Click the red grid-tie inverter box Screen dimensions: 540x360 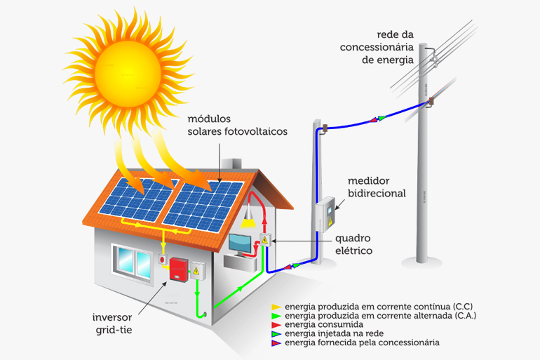(x=178, y=269)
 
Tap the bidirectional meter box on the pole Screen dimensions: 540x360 (x=325, y=214)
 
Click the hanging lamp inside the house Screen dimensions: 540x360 (x=248, y=216)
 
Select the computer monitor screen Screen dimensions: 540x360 (x=240, y=244)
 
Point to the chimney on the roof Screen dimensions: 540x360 (x=231, y=164)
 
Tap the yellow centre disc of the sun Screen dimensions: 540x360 (x=128, y=74)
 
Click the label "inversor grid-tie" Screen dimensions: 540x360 (x=112, y=324)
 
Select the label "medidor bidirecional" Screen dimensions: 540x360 (x=377, y=187)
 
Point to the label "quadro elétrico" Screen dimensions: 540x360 (x=353, y=244)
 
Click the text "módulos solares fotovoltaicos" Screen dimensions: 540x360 (x=237, y=125)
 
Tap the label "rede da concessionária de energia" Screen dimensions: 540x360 (x=377, y=47)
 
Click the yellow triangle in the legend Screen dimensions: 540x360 (x=276, y=307)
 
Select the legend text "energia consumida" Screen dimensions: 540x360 (x=324, y=324)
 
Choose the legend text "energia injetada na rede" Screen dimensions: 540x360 (x=334, y=333)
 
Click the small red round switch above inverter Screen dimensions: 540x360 (x=163, y=259)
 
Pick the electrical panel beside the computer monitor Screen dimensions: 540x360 (x=265, y=240)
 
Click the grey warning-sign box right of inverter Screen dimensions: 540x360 (x=197, y=271)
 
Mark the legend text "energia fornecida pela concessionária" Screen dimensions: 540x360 (x=362, y=342)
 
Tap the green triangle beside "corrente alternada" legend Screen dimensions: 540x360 (x=276, y=316)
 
